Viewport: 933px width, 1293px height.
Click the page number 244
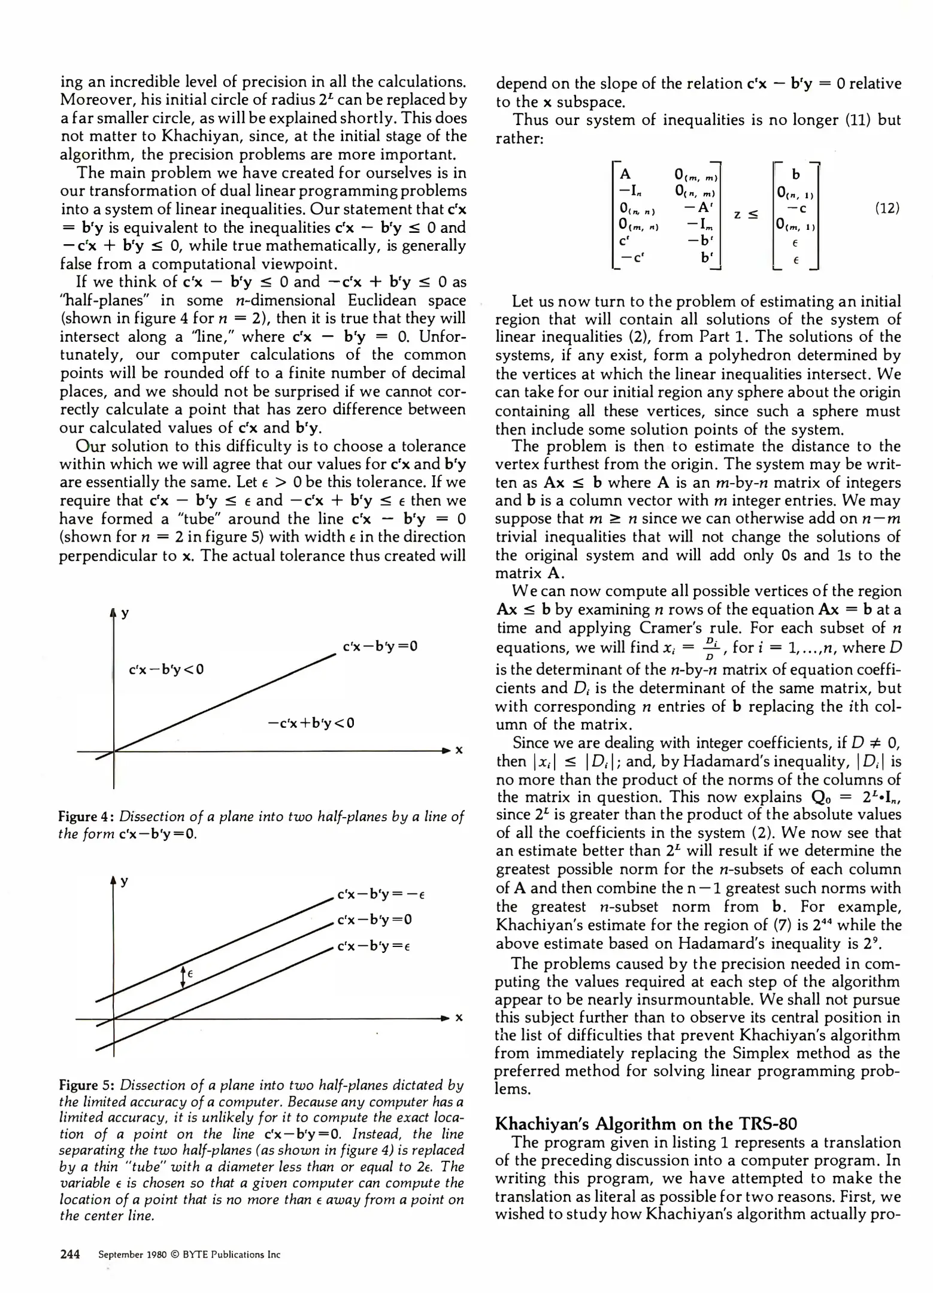[x=70, y=1255]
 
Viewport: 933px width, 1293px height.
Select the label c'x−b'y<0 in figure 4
[x=166, y=669]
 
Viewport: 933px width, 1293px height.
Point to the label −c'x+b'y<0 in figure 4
[x=311, y=723]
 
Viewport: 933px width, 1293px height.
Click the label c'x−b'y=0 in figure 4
[x=380, y=646]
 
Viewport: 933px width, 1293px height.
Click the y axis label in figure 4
[x=125, y=614]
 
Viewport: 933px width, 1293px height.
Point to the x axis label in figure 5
[x=459, y=1018]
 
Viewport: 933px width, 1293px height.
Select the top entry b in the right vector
[x=795, y=174]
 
